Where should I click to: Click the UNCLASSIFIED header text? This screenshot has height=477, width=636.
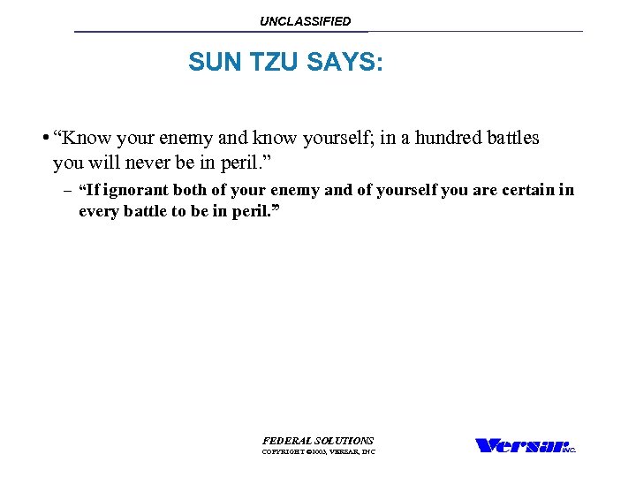point(305,21)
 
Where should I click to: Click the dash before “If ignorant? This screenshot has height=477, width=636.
point(67,190)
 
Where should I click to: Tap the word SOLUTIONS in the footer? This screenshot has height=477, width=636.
point(345,440)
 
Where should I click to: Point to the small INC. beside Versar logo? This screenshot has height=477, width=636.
point(569,450)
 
